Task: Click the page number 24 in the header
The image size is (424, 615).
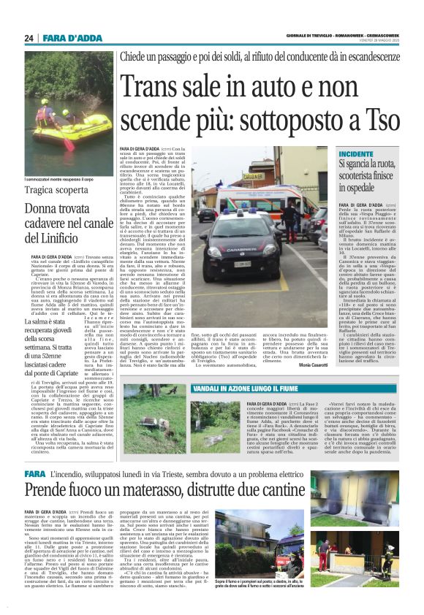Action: (x=29, y=38)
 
